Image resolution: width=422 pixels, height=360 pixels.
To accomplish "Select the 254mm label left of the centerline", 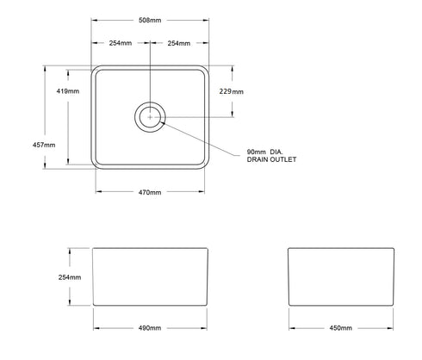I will click(122, 43).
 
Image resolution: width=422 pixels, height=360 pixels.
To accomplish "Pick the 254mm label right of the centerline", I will click(179, 43).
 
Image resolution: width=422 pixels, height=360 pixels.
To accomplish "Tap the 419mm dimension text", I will click(68, 90).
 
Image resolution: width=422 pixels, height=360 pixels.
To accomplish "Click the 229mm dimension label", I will click(231, 90).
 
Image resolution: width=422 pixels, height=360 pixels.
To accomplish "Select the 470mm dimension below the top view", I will click(150, 191).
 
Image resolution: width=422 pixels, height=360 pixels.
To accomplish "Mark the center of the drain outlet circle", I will click(151, 115).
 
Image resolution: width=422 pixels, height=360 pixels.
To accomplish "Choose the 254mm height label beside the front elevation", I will click(70, 277).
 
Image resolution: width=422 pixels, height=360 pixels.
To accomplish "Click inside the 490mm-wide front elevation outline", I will click(151, 277).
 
